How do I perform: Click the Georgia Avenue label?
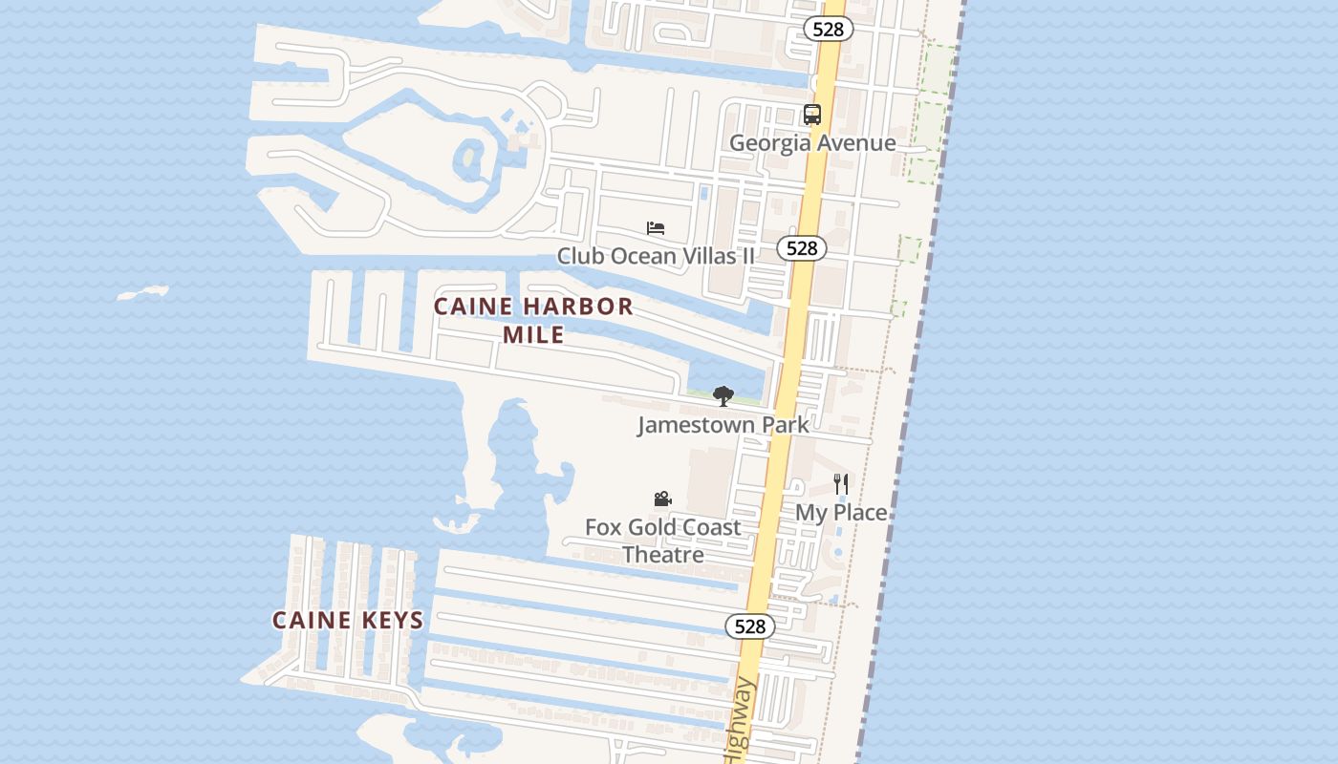(x=812, y=143)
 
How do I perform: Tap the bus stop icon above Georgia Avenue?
(x=812, y=115)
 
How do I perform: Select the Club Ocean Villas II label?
(x=656, y=256)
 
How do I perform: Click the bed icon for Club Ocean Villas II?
(x=656, y=228)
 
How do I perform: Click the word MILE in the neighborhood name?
(x=533, y=334)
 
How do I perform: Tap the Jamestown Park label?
(x=723, y=425)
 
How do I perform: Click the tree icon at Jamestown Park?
(x=723, y=396)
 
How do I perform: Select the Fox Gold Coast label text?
(x=662, y=527)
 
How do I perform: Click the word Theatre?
(x=662, y=555)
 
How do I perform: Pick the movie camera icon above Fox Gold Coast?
(x=662, y=499)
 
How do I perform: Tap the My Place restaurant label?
(x=841, y=513)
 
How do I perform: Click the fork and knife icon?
(x=841, y=484)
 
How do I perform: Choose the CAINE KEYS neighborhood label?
(x=348, y=621)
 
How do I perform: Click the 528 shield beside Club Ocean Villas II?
(x=801, y=248)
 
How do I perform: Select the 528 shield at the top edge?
(x=828, y=29)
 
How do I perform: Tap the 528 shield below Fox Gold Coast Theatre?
(x=750, y=626)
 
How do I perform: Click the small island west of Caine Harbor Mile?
(x=143, y=292)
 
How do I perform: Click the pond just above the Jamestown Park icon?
(x=726, y=372)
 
